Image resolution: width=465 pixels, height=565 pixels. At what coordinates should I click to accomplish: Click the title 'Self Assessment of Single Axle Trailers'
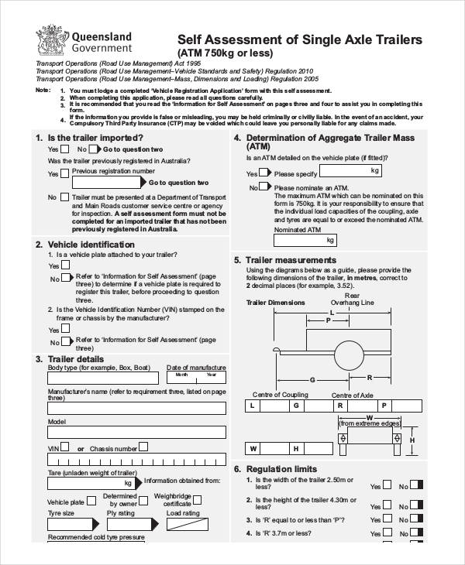tap(300, 39)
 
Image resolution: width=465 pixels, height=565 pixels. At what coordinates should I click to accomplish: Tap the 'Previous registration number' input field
tap(107, 183)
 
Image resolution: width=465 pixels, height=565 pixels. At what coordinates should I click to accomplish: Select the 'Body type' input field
tap(103, 378)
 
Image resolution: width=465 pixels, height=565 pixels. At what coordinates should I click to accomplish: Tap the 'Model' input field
tap(136, 432)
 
